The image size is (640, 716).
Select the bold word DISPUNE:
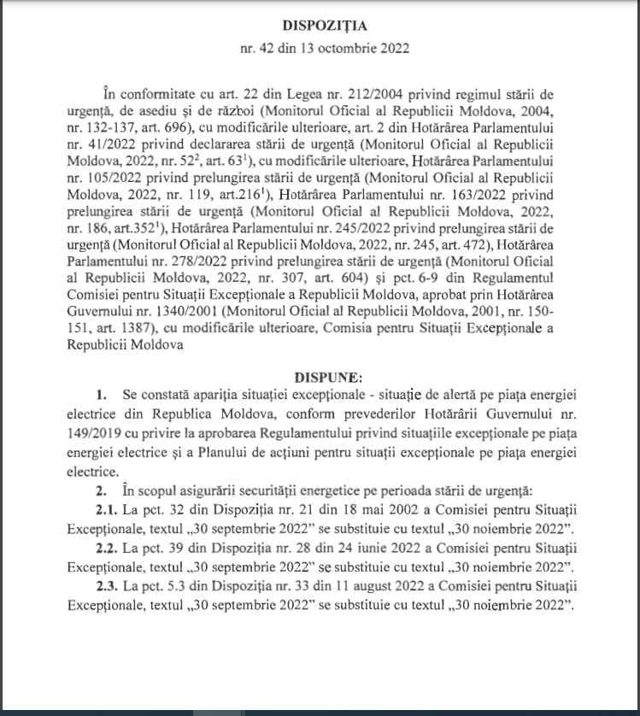coord(328,375)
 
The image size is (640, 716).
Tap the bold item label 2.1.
coord(108,509)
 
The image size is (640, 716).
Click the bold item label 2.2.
coord(108,548)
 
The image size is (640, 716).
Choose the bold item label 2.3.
coord(108,587)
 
